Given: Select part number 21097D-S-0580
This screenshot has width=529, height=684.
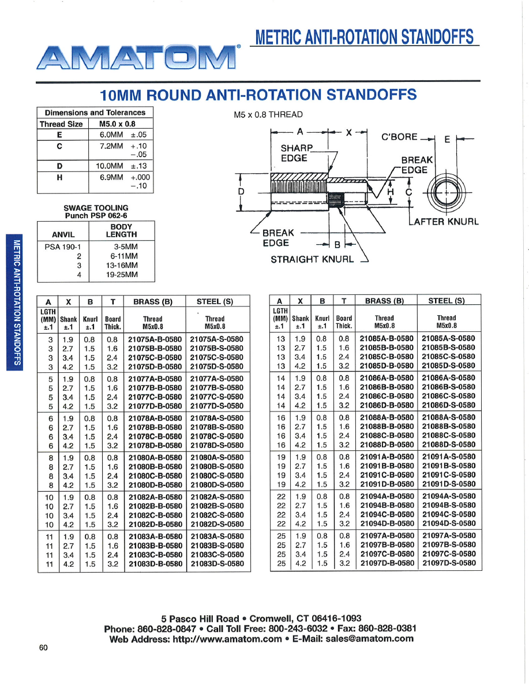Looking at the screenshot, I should (448, 563).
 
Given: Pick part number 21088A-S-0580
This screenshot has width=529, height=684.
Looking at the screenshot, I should (448, 417).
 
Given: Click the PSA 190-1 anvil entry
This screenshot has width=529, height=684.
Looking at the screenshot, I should (63, 246).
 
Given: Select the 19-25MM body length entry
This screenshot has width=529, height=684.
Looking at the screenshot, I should (122, 274).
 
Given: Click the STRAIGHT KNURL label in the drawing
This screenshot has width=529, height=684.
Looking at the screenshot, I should (312, 259).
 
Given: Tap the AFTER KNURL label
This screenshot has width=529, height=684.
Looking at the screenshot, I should (444, 221).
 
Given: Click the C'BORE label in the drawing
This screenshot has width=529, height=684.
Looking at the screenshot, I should (399, 137).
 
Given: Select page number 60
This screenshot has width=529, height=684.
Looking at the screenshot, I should (43, 648).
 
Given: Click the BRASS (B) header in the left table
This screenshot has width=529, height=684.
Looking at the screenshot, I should (153, 301).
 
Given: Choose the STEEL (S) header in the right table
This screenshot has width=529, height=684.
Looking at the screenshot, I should (446, 300).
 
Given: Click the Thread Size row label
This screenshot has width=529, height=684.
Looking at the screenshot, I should (61, 124).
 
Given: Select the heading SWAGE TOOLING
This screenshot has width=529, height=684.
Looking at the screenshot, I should (96, 208).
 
